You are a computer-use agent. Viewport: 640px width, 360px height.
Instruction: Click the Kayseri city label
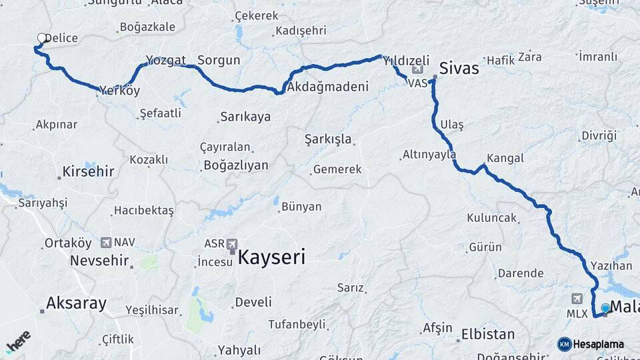(x=271, y=257)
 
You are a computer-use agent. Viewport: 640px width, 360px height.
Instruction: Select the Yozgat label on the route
(x=166, y=61)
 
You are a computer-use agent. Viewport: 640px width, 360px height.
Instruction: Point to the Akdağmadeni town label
(x=327, y=87)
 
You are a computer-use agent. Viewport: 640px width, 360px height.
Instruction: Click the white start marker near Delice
(x=42, y=39)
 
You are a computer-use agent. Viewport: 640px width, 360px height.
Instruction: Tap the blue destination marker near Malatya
(x=605, y=308)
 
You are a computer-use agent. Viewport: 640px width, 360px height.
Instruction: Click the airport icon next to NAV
(x=106, y=243)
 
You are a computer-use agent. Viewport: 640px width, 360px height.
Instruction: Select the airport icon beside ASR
(x=232, y=244)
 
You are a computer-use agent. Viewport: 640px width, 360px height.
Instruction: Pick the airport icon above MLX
(x=577, y=299)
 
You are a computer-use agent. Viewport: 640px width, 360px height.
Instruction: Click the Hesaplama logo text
(x=598, y=344)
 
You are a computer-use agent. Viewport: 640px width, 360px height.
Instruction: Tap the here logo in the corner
(x=18, y=342)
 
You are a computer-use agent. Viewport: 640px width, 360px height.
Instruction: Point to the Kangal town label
(x=505, y=159)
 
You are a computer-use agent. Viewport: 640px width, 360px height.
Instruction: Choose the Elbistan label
(x=488, y=334)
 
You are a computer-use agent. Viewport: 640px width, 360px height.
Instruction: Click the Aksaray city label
(x=76, y=304)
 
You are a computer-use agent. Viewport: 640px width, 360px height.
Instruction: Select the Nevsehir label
(x=99, y=260)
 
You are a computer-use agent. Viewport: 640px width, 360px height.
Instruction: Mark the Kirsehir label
(x=89, y=172)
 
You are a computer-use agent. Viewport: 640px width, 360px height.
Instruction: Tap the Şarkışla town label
(x=328, y=140)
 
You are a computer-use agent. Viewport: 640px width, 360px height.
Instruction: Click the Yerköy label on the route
(x=120, y=91)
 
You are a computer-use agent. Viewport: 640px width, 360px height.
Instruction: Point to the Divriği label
(x=599, y=136)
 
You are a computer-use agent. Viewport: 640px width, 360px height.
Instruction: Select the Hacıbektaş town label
(x=143, y=211)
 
